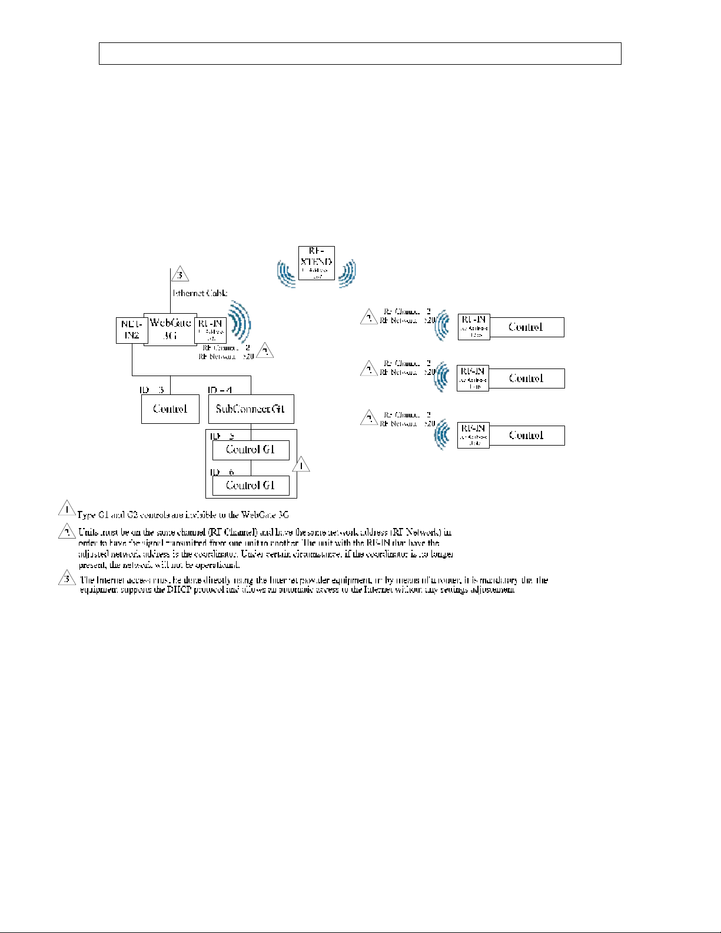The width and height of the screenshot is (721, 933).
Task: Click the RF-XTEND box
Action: pos(316,263)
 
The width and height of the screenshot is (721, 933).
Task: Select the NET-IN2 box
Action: pos(131,330)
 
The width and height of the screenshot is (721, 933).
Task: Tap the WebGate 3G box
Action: pos(170,329)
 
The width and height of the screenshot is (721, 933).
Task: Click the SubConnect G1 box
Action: pos(251,409)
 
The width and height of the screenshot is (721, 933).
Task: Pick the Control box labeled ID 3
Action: pos(170,409)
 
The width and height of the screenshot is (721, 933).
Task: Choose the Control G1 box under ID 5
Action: pos(251,450)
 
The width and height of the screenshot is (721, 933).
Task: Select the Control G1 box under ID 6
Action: pos(251,486)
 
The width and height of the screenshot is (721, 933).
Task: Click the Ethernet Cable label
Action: pos(200,293)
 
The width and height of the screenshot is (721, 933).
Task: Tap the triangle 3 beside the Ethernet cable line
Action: pos(180,274)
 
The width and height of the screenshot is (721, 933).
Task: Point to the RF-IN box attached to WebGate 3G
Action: pos(210,330)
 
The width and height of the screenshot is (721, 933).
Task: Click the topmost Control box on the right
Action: pos(526,327)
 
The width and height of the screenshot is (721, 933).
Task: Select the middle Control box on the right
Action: pos(526,378)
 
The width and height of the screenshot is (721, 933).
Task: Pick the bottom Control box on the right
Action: pos(526,436)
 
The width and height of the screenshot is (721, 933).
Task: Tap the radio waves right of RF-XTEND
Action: pos(347,273)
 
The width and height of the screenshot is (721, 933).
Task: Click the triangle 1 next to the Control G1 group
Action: pos(301,465)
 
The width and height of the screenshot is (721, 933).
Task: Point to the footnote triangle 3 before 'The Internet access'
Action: pos(67,579)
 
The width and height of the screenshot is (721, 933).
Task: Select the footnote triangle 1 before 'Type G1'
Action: pos(67,509)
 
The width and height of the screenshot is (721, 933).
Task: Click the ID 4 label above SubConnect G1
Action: pos(220,390)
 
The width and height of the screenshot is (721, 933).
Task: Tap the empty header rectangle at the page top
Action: pos(360,53)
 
